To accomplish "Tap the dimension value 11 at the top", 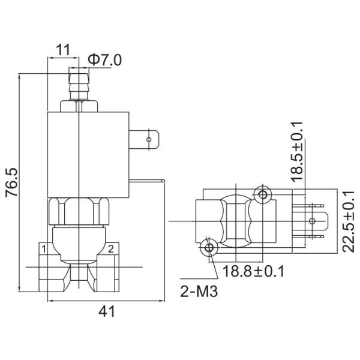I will coord(62,49).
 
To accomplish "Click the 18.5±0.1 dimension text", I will coord(298,151).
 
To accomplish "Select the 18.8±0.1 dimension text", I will coord(253,271).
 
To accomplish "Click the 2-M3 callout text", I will coord(198,293).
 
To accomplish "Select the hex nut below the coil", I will coord(79,211).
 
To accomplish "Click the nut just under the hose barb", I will coord(79,106).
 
